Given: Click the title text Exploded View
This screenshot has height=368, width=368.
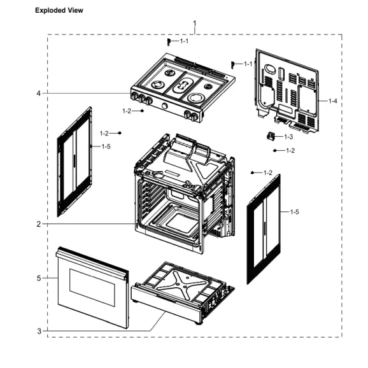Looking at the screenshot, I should (59, 11).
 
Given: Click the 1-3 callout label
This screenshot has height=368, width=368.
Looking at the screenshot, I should (288, 137).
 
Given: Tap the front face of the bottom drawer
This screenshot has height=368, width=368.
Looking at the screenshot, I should (166, 305).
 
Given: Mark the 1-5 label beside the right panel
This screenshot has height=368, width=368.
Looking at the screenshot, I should (295, 211).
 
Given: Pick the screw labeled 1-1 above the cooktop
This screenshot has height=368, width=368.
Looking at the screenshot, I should (169, 42).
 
